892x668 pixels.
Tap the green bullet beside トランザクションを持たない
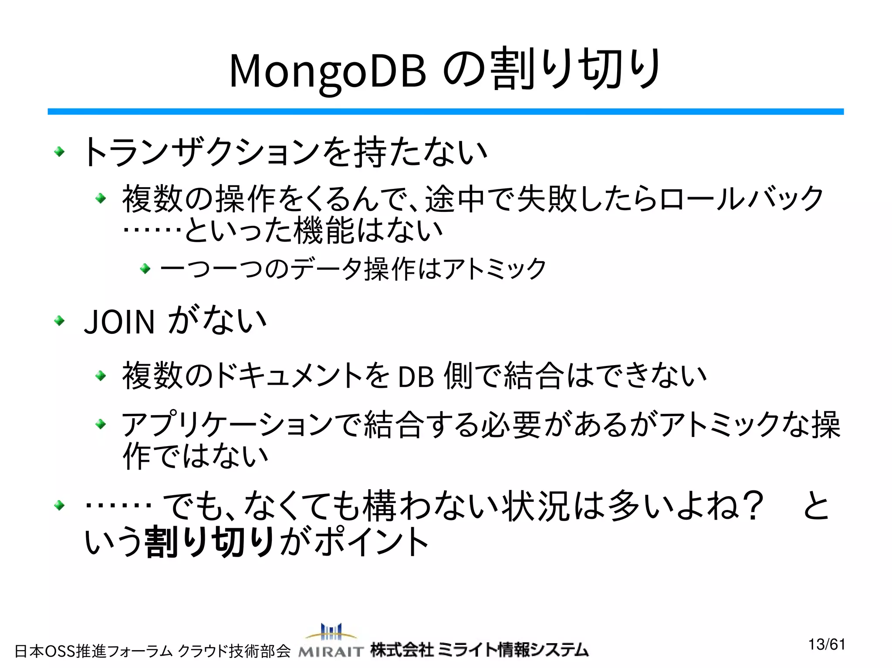[x=59, y=152]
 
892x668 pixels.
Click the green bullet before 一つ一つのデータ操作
[x=145, y=269]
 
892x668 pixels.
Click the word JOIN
[x=119, y=322]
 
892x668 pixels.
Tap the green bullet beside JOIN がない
[x=59, y=321]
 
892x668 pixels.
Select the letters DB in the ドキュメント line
[x=416, y=377]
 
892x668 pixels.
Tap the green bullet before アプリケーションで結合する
[x=101, y=423]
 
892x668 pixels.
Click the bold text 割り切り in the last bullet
[x=209, y=542]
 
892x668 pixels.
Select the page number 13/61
[x=827, y=645]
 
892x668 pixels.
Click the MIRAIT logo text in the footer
[x=331, y=651]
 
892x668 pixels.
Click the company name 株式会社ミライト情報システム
[x=479, y=650]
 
